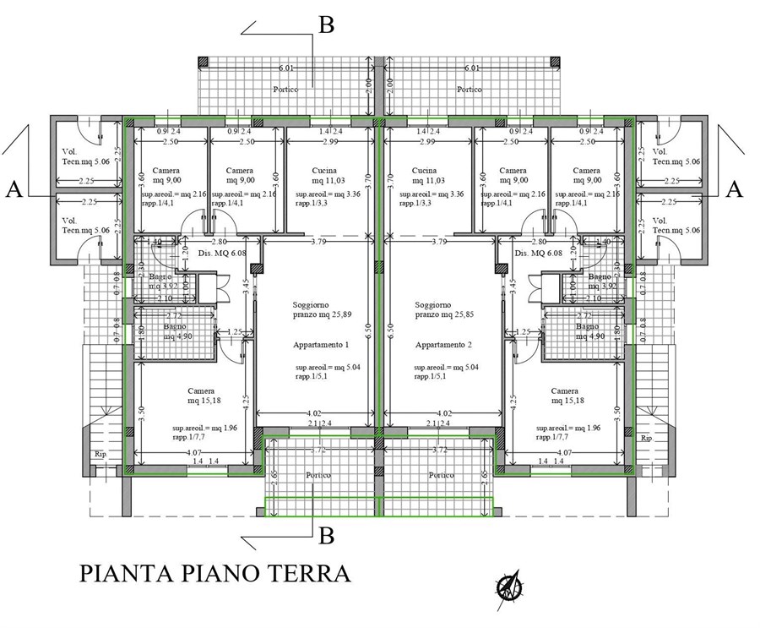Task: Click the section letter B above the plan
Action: point(326,25)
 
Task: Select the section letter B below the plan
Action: point(326,535)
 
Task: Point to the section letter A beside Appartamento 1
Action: point(14,190)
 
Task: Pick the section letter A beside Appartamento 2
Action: point(734,190)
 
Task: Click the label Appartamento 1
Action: point(321,345)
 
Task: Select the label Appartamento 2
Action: point(443,345)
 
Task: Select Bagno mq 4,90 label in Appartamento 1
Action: point(180,330)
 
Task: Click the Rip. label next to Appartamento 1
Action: point(99,454)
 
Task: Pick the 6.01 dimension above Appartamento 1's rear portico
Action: point(287,68)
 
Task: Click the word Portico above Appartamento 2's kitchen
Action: point(470,89)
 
